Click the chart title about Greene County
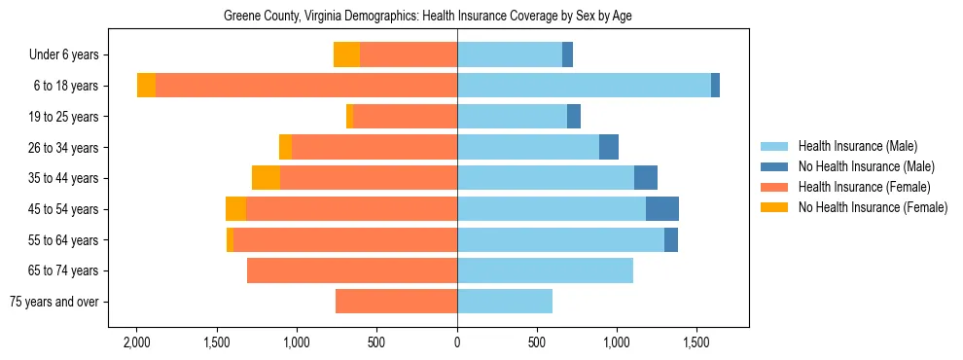click(428, 17)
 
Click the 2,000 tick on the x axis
click(136, 342)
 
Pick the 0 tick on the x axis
click(457, 342)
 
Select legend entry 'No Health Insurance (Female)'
click(873, 207)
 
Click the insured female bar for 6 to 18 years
click(306, 86)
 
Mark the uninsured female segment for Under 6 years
click(346, 55)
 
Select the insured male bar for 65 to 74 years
click(545, 270)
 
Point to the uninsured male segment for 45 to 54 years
click(662, 209)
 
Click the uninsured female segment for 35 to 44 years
click(266, 178)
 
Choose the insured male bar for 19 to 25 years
click(512, 117)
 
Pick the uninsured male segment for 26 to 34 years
click(609, 147)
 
